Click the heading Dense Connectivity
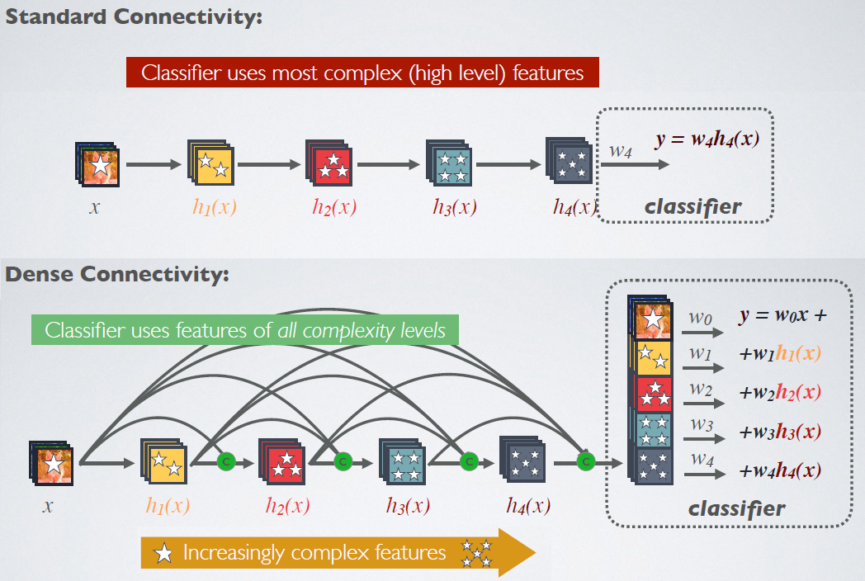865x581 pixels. tap(117, 275)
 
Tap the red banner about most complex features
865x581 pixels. tap(362, 73)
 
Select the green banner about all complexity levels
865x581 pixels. tap(245, 331)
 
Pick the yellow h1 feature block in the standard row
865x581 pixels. tap(213, 163)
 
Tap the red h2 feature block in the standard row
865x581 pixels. tap(330, 163)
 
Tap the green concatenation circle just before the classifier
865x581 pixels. tap(585, 462)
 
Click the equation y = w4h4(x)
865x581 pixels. tap(707, 139)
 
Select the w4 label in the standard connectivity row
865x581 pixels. tap(621, 150)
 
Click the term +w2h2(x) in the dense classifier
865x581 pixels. tap(780, 392)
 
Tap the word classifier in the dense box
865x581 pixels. tap(736, 508)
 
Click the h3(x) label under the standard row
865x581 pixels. tap(454, 207)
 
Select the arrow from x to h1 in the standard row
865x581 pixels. tap(154, 164)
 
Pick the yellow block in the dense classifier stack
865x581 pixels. tap(652, 357)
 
